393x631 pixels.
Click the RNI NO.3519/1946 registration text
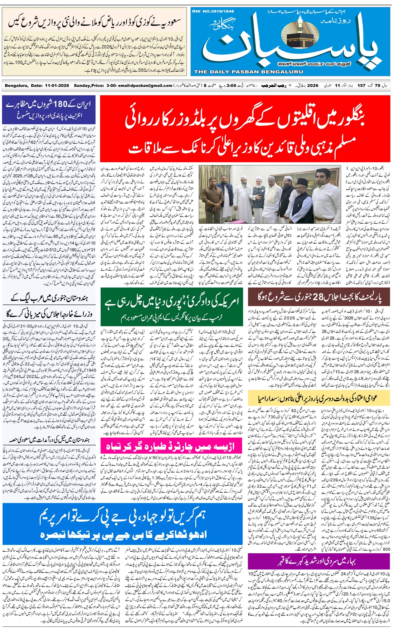click(213, 11)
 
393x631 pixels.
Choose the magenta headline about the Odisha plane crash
click(171, 447)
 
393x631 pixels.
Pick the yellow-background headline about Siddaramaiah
click(319, 398)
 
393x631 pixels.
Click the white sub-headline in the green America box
click(172, 318)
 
